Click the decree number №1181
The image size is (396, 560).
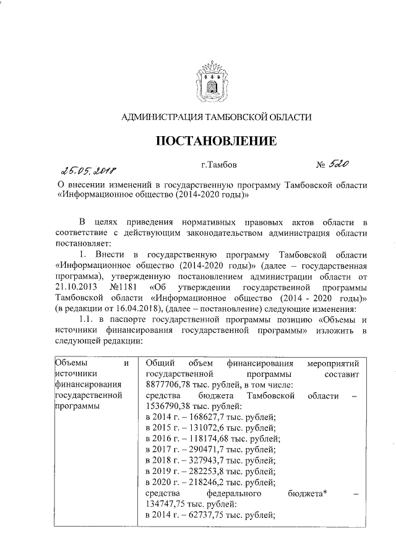pyautogui.click(x=125, y=287)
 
